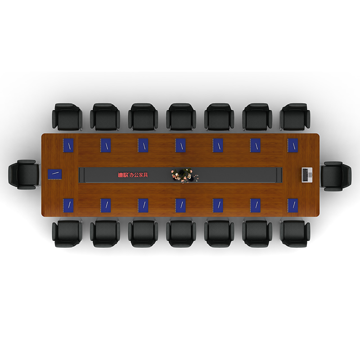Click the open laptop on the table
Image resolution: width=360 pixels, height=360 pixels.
307,175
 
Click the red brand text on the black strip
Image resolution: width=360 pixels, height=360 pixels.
133,175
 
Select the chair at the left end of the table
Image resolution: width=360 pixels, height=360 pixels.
24,175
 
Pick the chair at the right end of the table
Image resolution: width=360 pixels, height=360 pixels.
336,176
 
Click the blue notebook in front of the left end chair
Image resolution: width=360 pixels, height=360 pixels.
55,175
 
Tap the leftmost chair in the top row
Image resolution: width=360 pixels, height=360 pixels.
67,117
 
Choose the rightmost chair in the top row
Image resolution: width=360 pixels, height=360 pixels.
295,117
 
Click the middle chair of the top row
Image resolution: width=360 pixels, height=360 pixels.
181,117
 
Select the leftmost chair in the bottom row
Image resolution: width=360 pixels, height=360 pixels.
67,234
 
